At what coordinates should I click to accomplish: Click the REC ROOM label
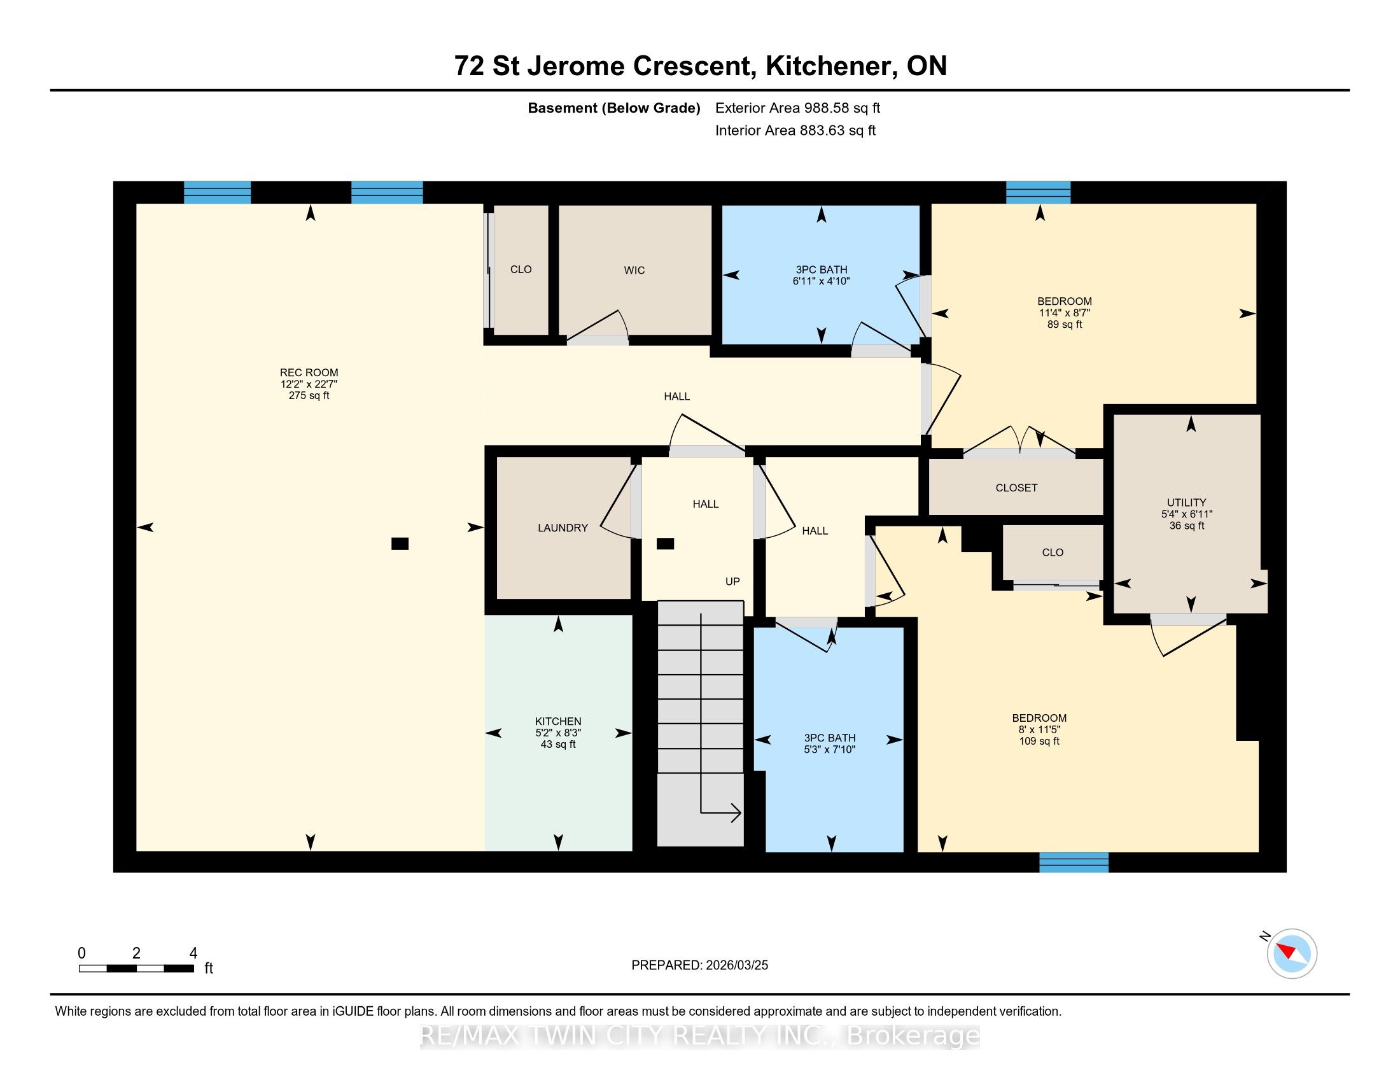[309, 372]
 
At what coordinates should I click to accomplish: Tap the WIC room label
[634, 270]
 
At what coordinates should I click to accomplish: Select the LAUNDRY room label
[563, 528]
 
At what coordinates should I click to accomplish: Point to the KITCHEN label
[558, 721]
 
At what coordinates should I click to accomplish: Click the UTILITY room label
[1187, 503]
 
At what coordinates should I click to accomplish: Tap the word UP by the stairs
[732, 581]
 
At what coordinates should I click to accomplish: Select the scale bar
[137, 969]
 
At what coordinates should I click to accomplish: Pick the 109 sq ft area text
[1039, 741]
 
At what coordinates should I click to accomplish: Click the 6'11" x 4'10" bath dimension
[821, 281]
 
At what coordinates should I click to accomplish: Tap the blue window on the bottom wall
[1074, 862]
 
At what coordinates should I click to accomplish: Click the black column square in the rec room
[400, 544]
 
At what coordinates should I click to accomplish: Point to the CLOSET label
[1016, 488]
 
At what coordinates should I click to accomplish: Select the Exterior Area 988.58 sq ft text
[797, 108]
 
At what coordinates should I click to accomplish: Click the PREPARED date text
[699, 966]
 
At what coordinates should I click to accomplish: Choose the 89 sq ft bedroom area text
[1065, 325]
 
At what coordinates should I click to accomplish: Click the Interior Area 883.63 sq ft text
[795, 130]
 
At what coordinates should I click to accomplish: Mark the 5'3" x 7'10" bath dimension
[829, 749]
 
